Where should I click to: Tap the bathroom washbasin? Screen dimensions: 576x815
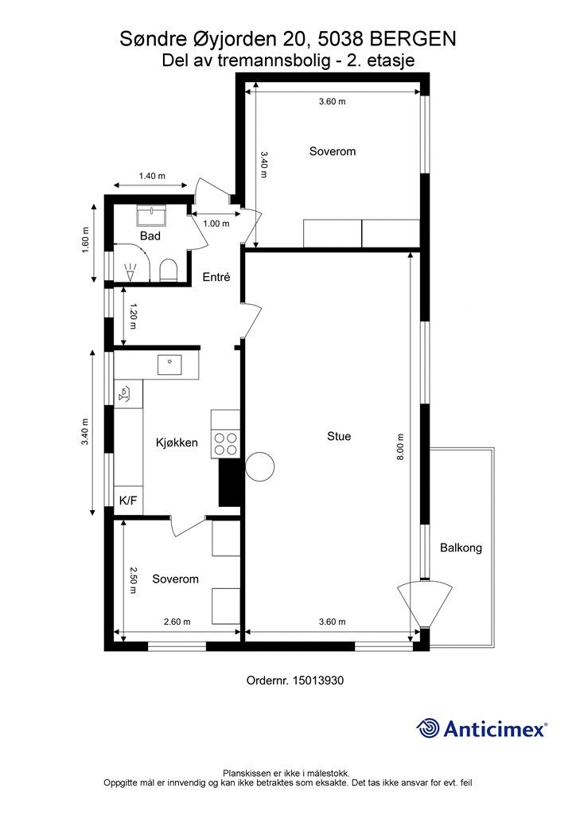click(151, 216)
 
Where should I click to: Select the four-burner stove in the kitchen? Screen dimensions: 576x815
click(225, 444)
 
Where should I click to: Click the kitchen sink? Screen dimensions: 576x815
click(169, 365)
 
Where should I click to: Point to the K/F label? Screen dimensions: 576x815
click(128, 501)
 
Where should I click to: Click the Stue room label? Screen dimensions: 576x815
click(339, 436)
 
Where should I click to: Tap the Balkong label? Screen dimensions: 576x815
click(461, 548)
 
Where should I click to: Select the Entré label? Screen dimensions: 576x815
click(216, 277)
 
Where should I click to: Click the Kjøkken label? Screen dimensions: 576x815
click(177, 443)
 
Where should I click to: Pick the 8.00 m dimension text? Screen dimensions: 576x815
click(400, 447)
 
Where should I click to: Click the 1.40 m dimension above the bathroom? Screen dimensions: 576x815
click(152, 176)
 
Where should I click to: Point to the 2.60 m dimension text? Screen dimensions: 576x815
click(177, 622)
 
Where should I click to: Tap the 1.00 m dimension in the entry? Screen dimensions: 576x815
click(216, 224)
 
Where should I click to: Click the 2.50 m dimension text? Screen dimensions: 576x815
click(133, 580)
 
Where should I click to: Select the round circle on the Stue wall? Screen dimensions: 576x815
click(259, 466)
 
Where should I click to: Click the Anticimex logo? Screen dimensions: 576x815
click(481, 729)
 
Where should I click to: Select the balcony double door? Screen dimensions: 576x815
click(425, 605)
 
